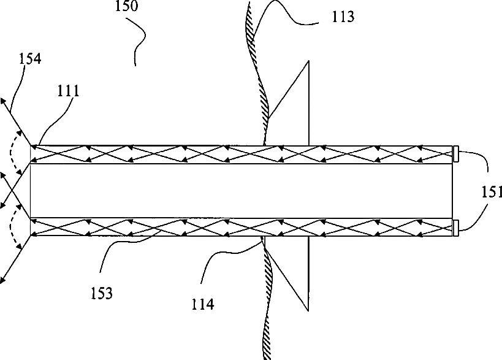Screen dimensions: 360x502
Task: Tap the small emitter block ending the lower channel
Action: coord(456,227)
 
